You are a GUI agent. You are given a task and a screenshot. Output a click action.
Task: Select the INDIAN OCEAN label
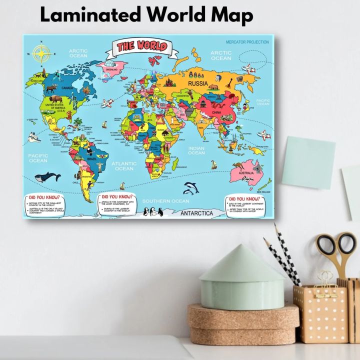[x=196, y=150]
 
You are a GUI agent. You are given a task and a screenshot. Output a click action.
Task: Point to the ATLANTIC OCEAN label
[x=124, y=166]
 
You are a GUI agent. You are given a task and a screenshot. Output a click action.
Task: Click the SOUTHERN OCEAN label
[x=166, y=201]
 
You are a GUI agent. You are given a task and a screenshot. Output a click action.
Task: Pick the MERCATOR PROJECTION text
[x=246, y=42]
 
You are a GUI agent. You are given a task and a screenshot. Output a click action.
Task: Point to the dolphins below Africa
[x=190, y=188]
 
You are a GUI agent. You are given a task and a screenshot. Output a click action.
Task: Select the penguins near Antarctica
[x=153, y=212]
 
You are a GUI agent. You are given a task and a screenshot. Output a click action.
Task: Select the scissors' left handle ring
[x=326, y=245]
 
